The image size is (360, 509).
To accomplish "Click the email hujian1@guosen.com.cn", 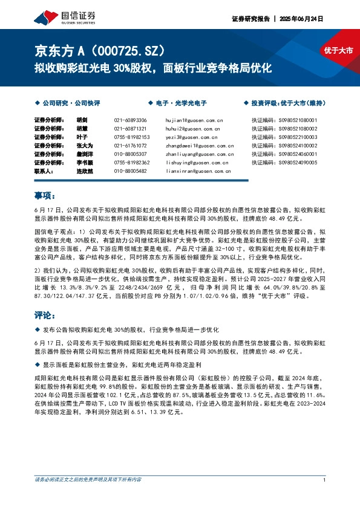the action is tap(194, 120).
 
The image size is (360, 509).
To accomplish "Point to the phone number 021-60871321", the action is tap(131, 129).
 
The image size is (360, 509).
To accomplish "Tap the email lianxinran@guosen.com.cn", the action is tap(199, 171).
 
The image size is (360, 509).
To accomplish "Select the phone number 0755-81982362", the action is tap(131, 163).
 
